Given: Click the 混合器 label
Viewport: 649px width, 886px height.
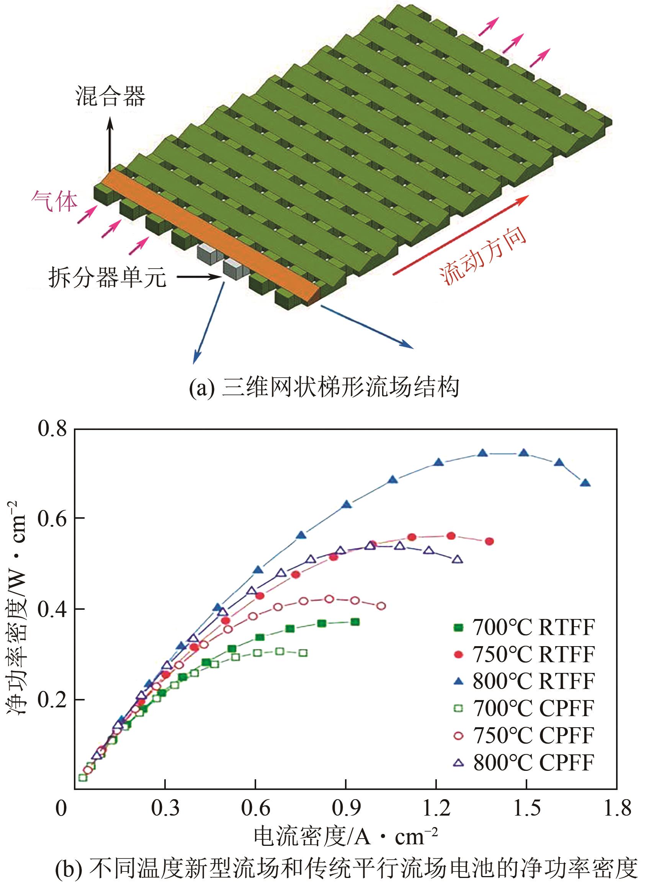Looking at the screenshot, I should pyautogui.click(x=110, y=96).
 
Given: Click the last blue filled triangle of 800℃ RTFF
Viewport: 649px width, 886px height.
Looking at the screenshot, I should pyautogui.click(x=585, y=483).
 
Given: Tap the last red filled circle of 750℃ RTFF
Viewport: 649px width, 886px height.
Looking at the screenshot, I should pyautogui.click(x=489, y=541).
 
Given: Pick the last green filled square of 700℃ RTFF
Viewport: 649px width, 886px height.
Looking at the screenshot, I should pyautogui.click(x=355, y=622).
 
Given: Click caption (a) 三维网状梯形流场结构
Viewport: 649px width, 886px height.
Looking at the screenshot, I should pyautogui.click(x=324, y=388).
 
